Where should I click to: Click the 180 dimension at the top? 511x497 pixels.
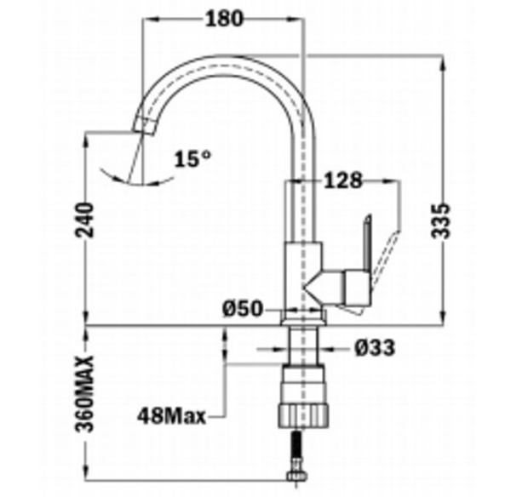pos(224,18)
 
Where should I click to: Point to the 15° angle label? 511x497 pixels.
pos(192,158)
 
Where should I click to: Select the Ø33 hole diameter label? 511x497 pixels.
pos(376,347)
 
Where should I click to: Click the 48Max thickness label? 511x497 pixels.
pos(171,416)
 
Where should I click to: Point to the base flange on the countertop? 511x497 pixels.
pos(303,317)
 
